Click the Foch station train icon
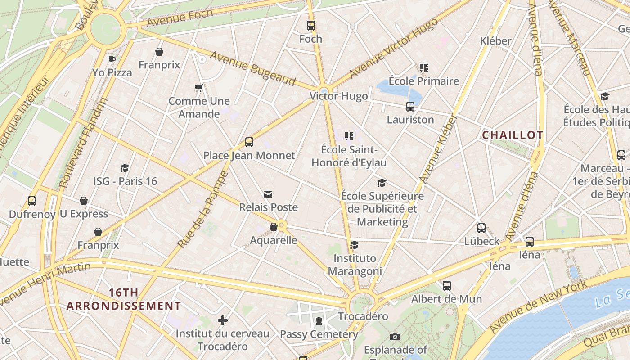(x=311, y=26)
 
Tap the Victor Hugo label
(x=338, y=96)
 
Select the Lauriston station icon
(x=410, y=107)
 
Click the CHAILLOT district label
(x=513, y=135)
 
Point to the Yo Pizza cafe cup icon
(x=112, y=59)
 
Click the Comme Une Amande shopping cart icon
(x=198, y=88)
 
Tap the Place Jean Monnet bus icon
(x=249, y=142)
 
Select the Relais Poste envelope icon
(x=268, y=194)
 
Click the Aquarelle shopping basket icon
(x=274, y=227)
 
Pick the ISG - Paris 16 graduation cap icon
(x=125, y=168)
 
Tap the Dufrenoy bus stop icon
(x=32, y=201)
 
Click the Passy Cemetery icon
(x=319, y=321)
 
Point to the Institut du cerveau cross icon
(x=222, y=320)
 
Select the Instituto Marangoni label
(x=355, y=265)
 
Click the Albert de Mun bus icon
(x=446, y=286)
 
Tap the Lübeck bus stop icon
(x=481, y=228)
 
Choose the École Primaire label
(x=423, y=81)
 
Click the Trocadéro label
(x=363, y=316)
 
